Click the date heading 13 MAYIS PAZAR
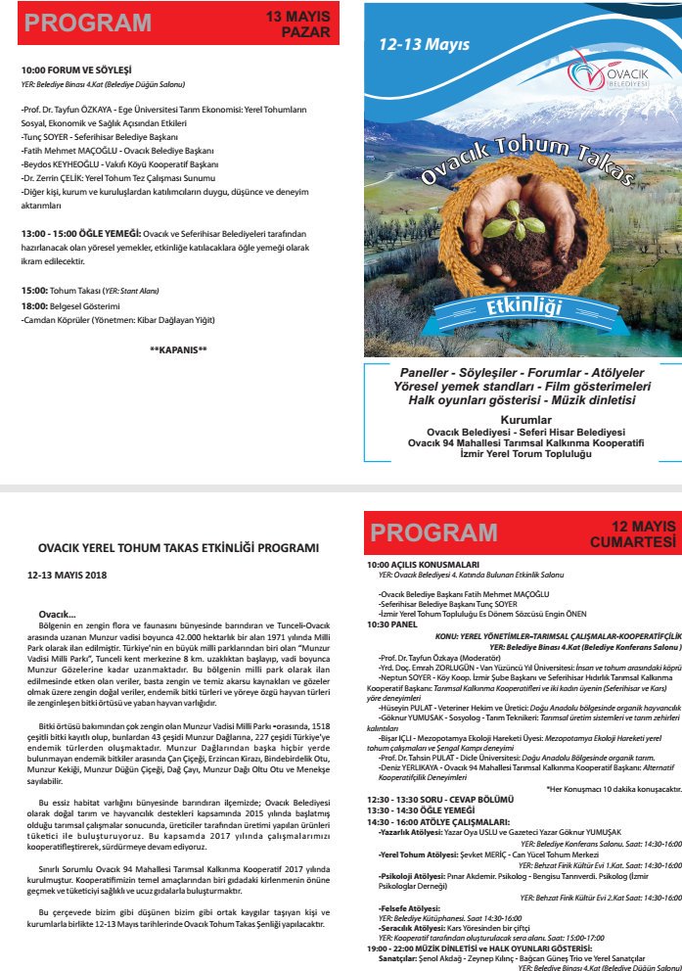tap(298, 24)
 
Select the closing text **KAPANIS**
tap(178, 349)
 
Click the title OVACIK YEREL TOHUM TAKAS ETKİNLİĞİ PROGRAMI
tap(178, 548)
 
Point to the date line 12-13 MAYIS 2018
tap(67, 576)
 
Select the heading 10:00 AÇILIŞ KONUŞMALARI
tap(423, 565)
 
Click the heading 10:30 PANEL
tap(392, 623)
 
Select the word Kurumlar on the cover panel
tap(523, 418)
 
